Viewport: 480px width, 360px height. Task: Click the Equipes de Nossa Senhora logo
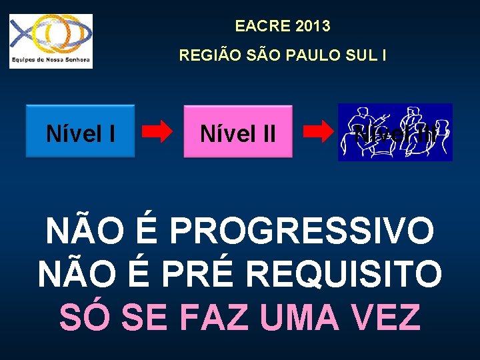click(51, 41)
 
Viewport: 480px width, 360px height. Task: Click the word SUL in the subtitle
click(360, 55)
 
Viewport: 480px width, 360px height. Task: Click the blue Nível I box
click(80, 131)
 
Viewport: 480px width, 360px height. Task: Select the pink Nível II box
click(238, 131)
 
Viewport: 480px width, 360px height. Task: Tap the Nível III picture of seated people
click(395, 132)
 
